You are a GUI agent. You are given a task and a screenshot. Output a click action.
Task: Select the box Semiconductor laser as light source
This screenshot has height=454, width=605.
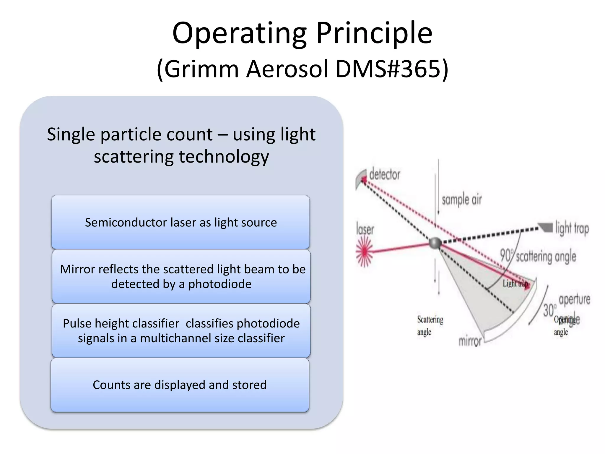[180, 222]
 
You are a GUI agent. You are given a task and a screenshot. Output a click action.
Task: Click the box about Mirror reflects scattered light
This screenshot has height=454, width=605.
[181, 276]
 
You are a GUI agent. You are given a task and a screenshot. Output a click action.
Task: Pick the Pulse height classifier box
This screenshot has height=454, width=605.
[181, 331]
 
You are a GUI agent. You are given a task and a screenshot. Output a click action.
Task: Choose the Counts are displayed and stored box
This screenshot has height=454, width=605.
[180, 385]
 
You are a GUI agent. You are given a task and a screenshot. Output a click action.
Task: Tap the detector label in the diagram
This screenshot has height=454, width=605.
[384, 174]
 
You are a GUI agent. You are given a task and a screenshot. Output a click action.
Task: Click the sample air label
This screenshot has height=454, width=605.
[461, 200]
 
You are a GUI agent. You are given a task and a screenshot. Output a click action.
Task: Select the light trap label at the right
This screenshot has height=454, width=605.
[572, 228]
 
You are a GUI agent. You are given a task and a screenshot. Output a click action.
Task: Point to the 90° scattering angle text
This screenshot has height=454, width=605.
[538, 256]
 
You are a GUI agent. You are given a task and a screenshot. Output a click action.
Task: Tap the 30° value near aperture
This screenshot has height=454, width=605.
[549, 310]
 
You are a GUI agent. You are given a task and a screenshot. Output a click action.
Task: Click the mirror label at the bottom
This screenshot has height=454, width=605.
[470, 341]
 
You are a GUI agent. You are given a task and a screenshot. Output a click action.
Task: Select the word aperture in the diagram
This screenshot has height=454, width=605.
[574, 300]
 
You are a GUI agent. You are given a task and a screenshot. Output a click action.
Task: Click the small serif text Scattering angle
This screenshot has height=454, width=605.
[430, 325]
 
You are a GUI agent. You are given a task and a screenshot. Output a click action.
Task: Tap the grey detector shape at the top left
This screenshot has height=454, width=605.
[360, 179]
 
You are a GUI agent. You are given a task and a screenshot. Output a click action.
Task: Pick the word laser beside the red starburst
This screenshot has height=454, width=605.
[365, 230]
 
